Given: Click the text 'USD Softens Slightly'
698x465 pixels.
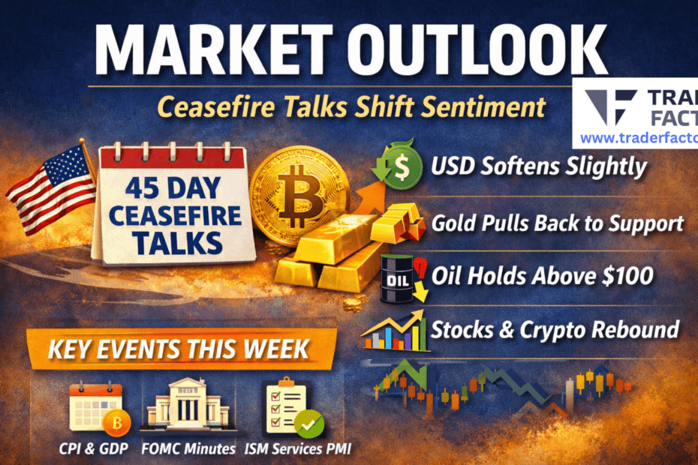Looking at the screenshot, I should pyautogui.click(x=538, y=166).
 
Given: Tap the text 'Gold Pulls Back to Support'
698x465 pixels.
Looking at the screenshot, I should pyautogui.click(x=557, y=223).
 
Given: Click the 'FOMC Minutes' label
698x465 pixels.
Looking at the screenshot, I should pyautogui.click(x=183, y=450).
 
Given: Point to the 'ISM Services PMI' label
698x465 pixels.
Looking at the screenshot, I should pyautogui.click(x=297, y=450).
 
